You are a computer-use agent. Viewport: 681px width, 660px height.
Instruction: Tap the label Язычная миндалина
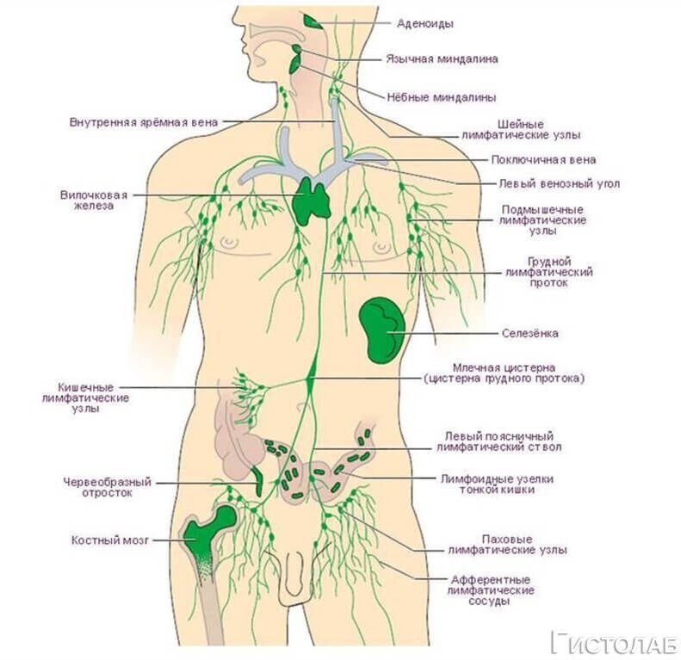coord(441,59)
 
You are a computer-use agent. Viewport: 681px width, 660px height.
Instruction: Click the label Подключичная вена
coord(542,159)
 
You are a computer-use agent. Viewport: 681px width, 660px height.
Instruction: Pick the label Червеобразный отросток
coord(108,488)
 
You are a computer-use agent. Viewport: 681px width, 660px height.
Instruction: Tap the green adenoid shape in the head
coord(312,21)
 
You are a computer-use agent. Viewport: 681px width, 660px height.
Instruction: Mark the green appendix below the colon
coord(257,480)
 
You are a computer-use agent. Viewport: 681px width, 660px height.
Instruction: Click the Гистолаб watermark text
coord(614,641)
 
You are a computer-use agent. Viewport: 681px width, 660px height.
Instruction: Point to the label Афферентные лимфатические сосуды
coord(492,590)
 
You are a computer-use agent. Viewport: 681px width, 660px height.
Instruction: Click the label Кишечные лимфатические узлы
coord(85,398)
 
